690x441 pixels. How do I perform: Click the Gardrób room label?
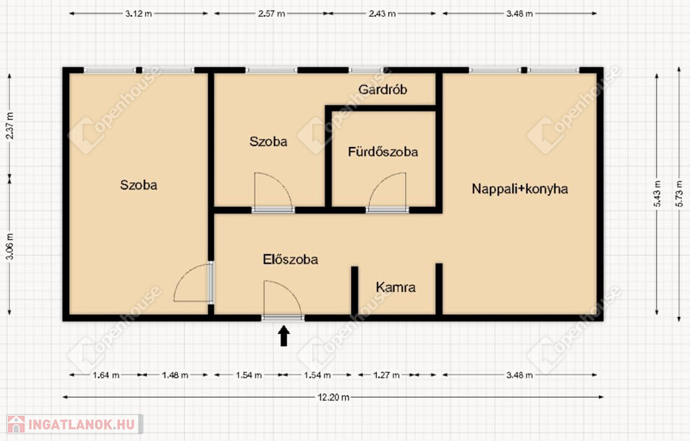point(383,90)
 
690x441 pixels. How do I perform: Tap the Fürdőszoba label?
point(383,152)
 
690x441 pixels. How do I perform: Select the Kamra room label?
point(396,287)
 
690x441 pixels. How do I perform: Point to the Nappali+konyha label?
point(520,189)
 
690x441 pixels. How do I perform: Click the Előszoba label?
point(290,259)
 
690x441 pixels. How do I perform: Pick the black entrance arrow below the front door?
point(284,335)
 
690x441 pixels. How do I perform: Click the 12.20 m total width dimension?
point(334,397)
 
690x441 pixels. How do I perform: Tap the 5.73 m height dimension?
point(680,194)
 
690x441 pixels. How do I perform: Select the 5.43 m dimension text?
point(658,194)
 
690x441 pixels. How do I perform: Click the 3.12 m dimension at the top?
point(139,13)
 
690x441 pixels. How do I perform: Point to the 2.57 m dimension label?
point(272,13)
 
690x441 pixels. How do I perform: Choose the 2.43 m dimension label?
point(382,13)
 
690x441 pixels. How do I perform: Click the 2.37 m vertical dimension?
point(9,125)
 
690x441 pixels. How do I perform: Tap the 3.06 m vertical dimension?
point(9,246)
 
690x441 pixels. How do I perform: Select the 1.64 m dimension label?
point(106,376)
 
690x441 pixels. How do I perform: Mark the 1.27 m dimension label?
point(386,376)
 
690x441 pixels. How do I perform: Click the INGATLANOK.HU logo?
point(75,424)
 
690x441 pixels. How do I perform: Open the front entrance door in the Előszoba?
point(283,299)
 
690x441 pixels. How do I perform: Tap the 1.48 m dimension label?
point(175,376)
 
